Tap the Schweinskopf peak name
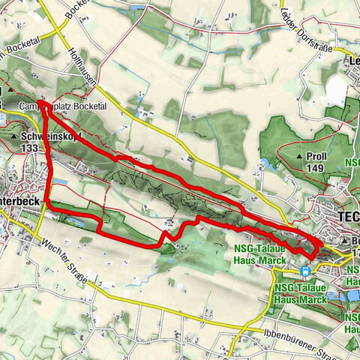click(43, 138)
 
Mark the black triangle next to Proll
click(298, 157)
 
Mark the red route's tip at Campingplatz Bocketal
click(40, 103)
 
